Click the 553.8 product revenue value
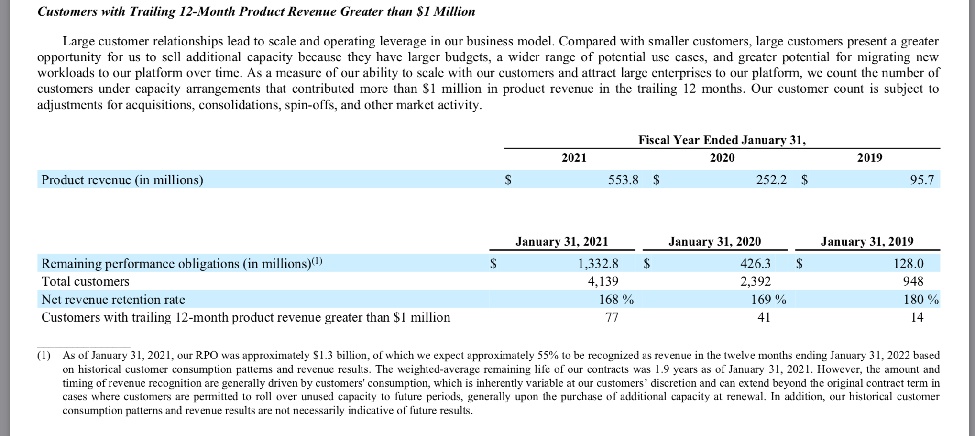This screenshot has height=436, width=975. [623, 180]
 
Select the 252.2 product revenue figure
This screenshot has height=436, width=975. [771, 180]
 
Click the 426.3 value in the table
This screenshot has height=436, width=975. [756, 264]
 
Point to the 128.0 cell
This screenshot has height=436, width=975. [909, 264]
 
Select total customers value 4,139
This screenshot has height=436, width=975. [603, 281]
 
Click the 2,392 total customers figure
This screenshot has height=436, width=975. [756, 281]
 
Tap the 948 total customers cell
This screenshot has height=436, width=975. [913, 281]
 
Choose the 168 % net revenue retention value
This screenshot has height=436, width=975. [616, 300]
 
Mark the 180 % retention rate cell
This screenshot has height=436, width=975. [921, 300]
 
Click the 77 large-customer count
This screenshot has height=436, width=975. [612, 317]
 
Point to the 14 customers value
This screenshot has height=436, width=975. [917, 317]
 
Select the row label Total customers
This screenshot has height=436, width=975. [86, 281]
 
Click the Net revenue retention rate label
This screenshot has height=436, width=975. [113, 300]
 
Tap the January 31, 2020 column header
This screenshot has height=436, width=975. [715, 241]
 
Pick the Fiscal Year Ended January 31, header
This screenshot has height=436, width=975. [722, 140]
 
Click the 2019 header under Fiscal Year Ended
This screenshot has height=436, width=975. [870, 157]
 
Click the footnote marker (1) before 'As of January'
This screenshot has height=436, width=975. [44, 356]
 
